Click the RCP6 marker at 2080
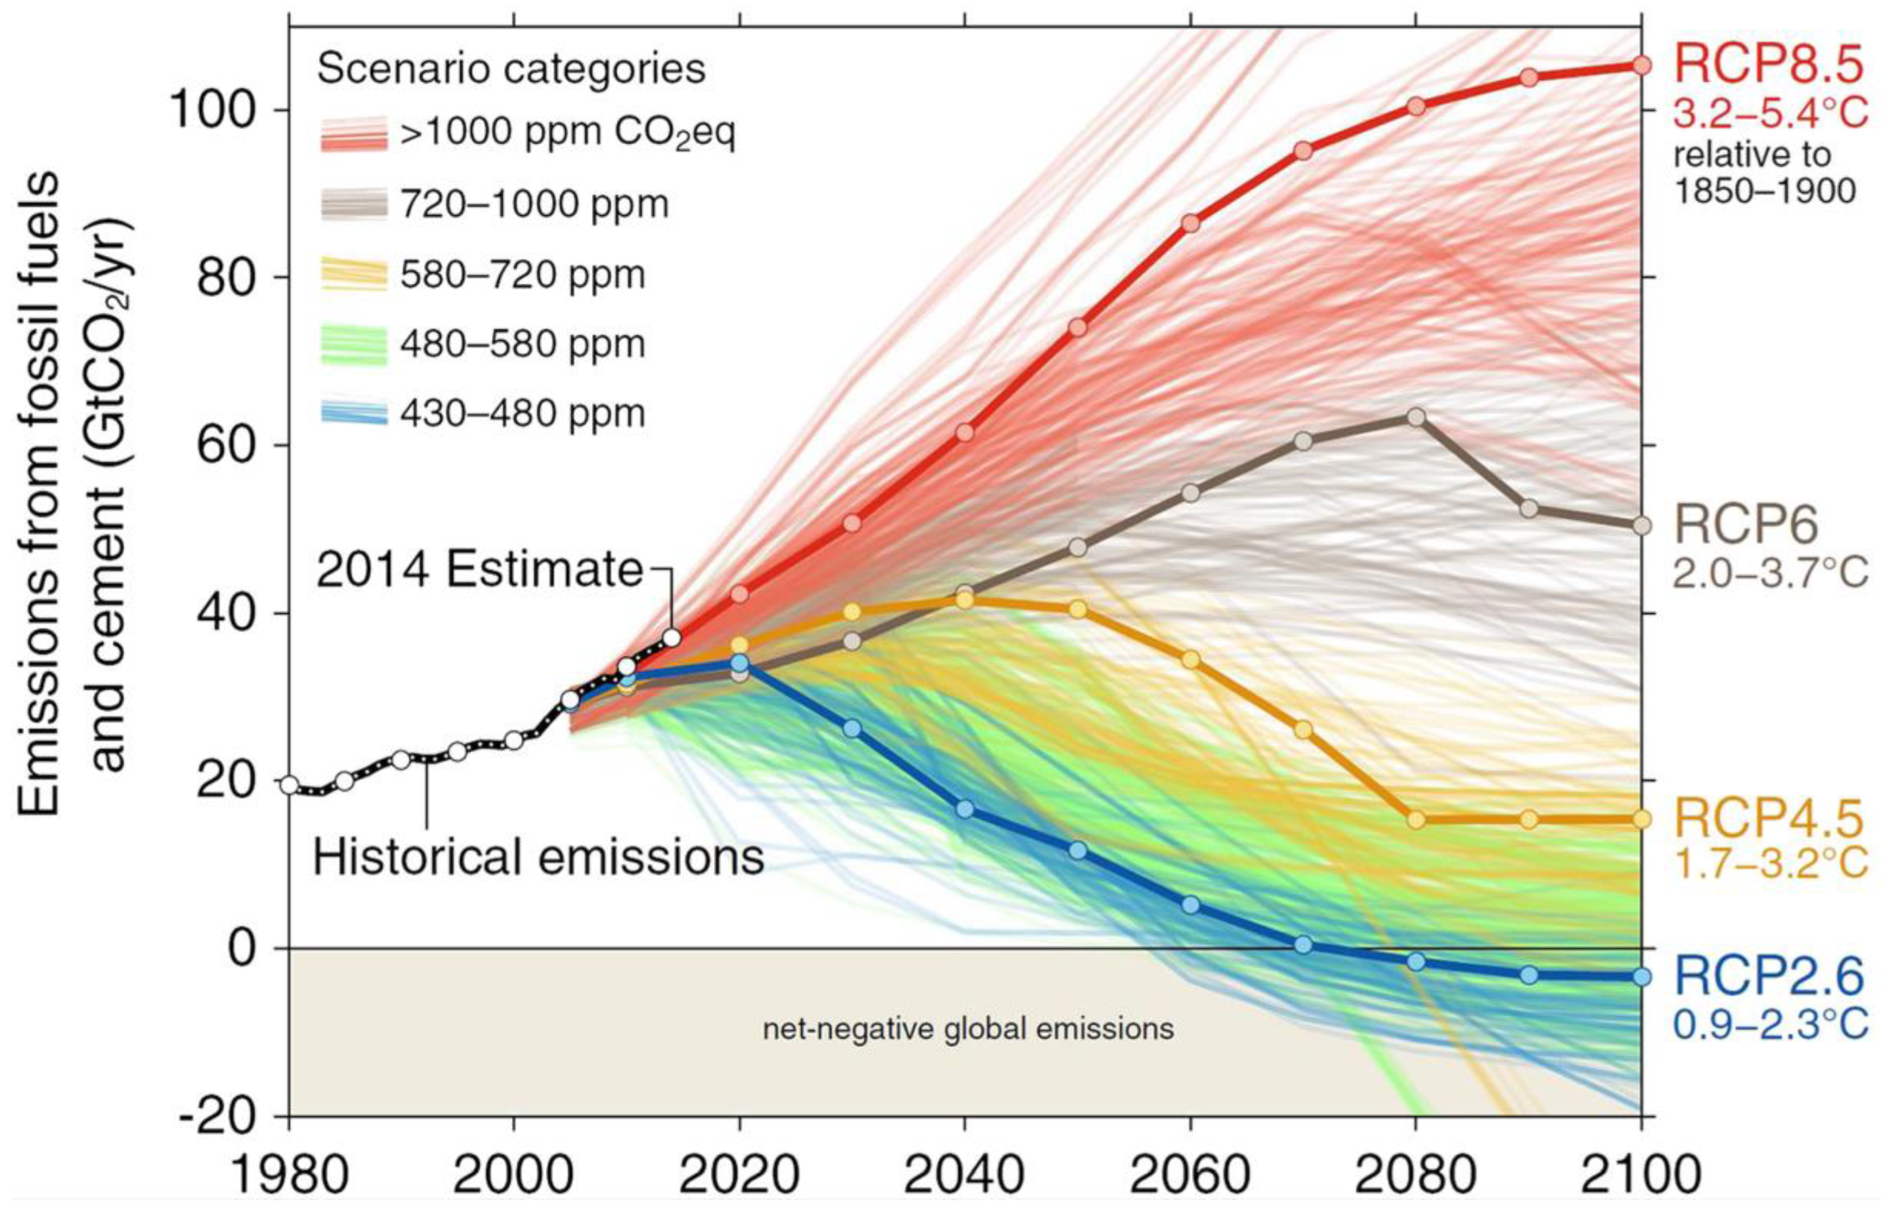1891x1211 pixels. pos(1416,417)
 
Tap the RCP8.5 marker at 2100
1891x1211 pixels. pos(1641,65)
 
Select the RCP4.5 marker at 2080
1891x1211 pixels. pos(1416,819)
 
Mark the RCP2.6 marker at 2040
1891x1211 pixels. pos(966,809)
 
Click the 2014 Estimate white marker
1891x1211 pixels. pos(671,638)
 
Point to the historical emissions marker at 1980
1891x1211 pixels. pos(289,785)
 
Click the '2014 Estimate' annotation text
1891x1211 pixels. pos(480,570)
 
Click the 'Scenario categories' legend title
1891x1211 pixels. pos(511,69)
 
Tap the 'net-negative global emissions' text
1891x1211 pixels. pos(968,1029)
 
